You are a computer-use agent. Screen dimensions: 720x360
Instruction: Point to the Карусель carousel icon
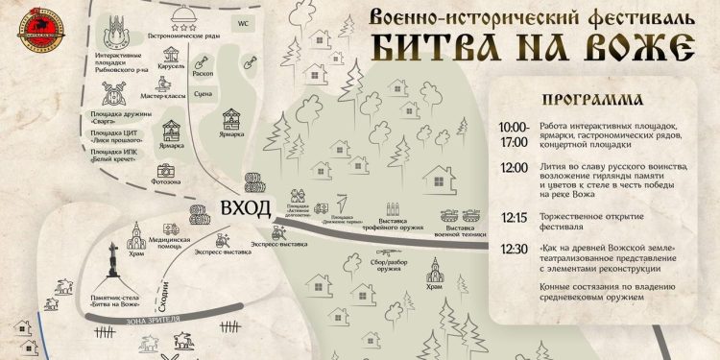pyautogui.click(x=171, y=56)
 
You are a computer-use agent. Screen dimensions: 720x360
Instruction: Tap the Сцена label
pyautogui.click(x=230, y=94)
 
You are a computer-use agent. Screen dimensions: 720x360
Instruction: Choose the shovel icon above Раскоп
pyautogui.click(x=230, y=60)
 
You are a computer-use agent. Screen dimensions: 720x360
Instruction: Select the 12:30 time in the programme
pyautogui.click(x=513, y=249)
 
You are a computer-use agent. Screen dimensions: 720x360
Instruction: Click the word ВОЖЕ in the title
pyautogui.click(x=628, y=44)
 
